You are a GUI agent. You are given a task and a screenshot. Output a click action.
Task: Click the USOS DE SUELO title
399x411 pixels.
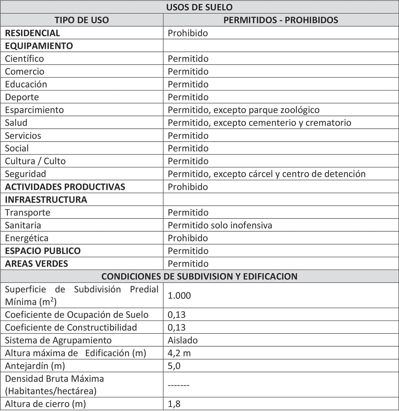pyautogui.click(x=199, y=7)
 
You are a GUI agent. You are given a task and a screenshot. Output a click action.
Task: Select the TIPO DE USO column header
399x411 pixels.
pyautogui.click(x=82, y=20)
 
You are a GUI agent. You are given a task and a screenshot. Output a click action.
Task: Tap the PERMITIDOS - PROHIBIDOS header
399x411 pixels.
pyautogui.click(x=281, y=20)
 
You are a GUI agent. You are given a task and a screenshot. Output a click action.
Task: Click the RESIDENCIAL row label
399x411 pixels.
pyautogui.click(x=32, y=33)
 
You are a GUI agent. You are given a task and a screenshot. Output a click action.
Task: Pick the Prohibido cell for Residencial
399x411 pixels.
pyautogui.click(x=188, y=33)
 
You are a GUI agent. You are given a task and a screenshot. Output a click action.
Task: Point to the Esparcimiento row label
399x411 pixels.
pyautogui.click(x=34, y=110)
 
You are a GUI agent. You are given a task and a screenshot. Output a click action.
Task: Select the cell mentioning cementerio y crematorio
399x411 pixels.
pyautogui.click(x=259, y=123)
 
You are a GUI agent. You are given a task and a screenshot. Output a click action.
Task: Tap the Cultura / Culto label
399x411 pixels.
pyautogui.click(x=35, y=161)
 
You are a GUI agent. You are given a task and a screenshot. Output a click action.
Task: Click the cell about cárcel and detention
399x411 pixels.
pyautogui.click(x=267, y=174)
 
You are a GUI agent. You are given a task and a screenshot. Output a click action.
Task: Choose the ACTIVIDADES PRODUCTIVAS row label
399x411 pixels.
pyautogui.click(x=65, y=187)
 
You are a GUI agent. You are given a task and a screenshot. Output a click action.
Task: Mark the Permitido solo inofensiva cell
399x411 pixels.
pyautogui.click(x=220, y=225)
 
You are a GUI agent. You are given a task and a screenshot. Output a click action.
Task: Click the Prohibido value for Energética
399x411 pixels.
pyautogui.click(x=188, y=238)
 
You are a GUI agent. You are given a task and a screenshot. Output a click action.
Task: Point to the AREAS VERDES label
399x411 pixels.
pyautogui.click(x=36, y=264)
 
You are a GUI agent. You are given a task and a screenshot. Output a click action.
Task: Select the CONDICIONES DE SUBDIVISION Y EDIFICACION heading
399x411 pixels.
pyautogui.click(x=199, y=277)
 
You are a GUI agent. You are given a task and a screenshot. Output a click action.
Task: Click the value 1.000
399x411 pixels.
pyautogui.click(x=179, y=296)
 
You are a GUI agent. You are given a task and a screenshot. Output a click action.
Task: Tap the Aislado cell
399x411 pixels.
pyautogui.click(x=183, y=340)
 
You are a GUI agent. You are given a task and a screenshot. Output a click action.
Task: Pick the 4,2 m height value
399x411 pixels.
pyautogui.click(x=179, y=353)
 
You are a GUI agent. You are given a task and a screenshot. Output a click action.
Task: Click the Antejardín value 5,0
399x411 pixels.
pyautogui.click(x=174, y=366)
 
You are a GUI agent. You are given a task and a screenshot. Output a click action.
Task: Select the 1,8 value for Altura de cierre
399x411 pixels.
pyautogui.click(x=174, y=404)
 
